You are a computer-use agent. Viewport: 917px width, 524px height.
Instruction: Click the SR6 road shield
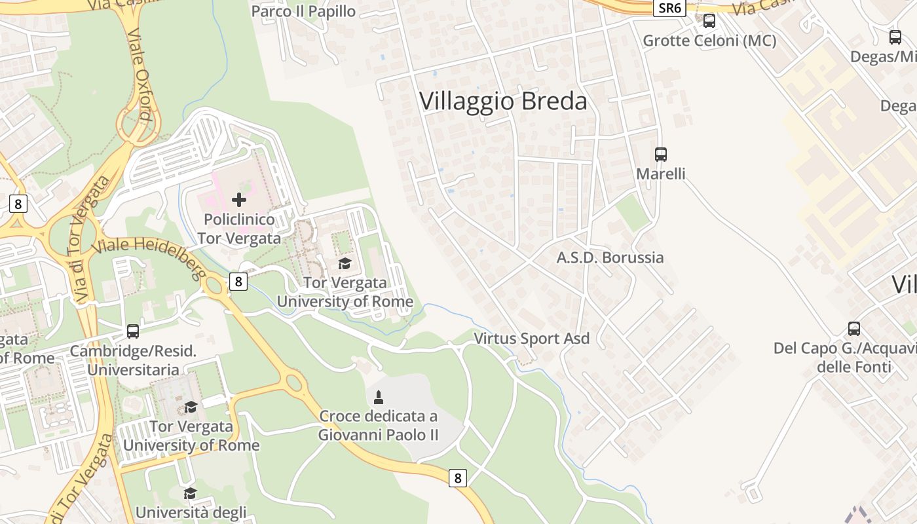pyautogui.click(x=669, y=8)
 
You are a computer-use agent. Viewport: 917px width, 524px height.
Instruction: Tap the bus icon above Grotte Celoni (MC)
pyautogui.click(x=709, y=21)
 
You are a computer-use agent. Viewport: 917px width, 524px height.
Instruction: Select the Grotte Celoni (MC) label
pyautogui.click(x=709, y=41)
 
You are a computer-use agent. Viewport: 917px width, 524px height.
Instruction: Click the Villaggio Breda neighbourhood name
pyautogui.click(x=503, y=102)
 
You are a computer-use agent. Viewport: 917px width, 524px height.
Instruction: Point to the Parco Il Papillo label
pyautogui.click(x=303, y=11)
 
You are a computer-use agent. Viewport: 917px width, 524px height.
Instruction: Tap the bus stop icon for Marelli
pyautogui.click(x=661, y=155)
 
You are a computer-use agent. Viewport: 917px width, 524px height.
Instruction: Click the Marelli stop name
pyautogui.click(x=661, y=174)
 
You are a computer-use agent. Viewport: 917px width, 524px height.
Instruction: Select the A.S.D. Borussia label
pyautogui.click(x=610, y=257)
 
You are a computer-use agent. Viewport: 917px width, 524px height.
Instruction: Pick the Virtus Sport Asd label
pyautogui.click(x=531, y=339)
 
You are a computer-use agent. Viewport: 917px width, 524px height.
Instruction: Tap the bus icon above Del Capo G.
pyautogui.click(x=854, y=329)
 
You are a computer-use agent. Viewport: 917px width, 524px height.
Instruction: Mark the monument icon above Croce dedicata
pyautogui.click(x=378, y=396)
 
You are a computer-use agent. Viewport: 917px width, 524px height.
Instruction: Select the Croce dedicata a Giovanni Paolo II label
pyautogui.click(x=378, y=425)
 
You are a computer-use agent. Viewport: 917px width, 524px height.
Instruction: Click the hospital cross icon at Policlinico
pyautogui.click(x=239, y=200)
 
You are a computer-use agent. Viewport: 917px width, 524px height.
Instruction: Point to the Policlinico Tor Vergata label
pyautogui.click(x=239, y=229)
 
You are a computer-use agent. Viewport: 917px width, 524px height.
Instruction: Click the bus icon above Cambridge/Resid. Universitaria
pyautogui.click(x=133, y=331)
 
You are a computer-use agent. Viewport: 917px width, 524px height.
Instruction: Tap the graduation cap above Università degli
pyautogui.click(x=191, y=493)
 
